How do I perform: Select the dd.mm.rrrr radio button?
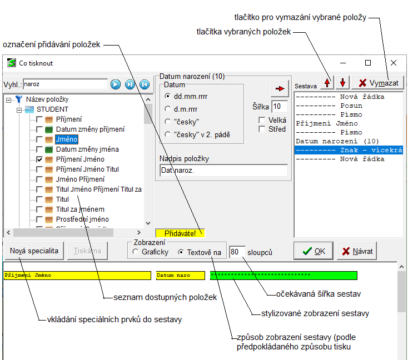167,96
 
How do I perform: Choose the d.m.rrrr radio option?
167,108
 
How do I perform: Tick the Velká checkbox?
262,120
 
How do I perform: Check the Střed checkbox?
262,129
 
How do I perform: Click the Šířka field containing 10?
279,106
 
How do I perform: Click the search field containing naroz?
64,84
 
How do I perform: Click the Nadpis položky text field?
223,171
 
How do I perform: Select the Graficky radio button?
136,253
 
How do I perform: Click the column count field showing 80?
237,252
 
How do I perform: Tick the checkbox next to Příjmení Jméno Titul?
39,169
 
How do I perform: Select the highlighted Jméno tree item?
66,139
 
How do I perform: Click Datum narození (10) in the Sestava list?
337,141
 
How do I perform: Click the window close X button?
394,63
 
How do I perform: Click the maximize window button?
368,63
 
